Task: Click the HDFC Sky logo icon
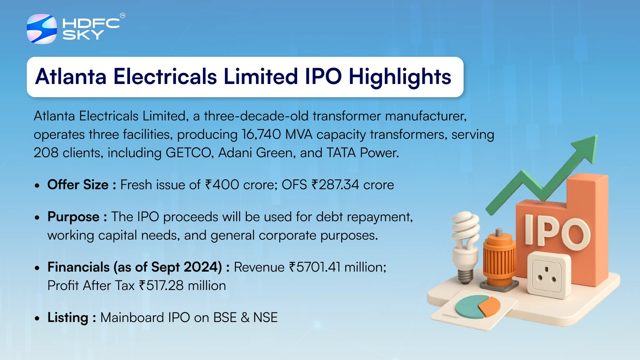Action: pyautogui.click(x=42, y=29)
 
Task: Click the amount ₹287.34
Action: pyautogui.click(x=335, y=184)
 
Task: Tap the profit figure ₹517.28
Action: pyautogui.click(x=161, y=286)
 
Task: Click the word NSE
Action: pyautogui.click(x=266, y=318)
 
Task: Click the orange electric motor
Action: pyautogui.click(x=500, y=260)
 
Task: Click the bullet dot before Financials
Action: pyautogui.click(x=37, y=268)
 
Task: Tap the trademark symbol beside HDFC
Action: pyautogui.click(x=122, y=16)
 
